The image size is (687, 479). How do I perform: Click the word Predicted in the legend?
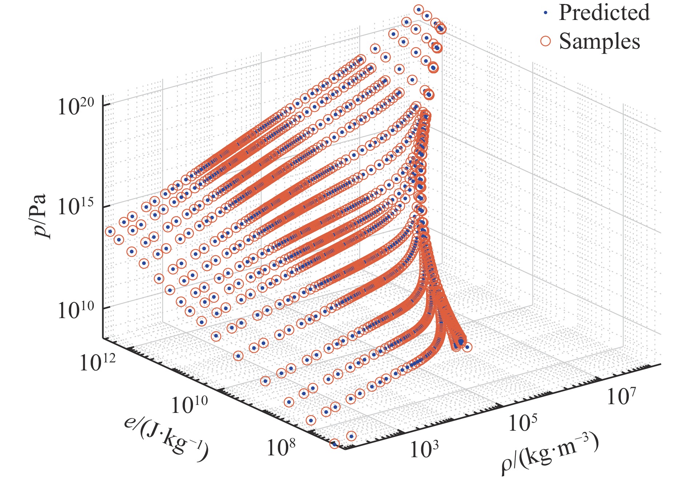click(x=604, y=13)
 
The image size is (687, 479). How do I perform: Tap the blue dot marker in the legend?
click(x=545, y=13)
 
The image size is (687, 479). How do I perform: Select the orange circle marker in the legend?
click(x=545, y=41)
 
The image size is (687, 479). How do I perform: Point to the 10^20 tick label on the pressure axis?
click(x=76, y=106)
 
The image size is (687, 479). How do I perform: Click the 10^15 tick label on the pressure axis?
click(x=76, y=208)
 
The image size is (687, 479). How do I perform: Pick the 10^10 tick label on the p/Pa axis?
click(x=76, y=310)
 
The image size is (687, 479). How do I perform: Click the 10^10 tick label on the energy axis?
click(x=189, y=404)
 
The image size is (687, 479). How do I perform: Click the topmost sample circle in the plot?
click(x=419, y=9)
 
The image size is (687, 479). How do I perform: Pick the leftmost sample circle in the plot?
click(x=110, y=231)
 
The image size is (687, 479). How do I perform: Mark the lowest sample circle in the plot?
click(x=335, y=444)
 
